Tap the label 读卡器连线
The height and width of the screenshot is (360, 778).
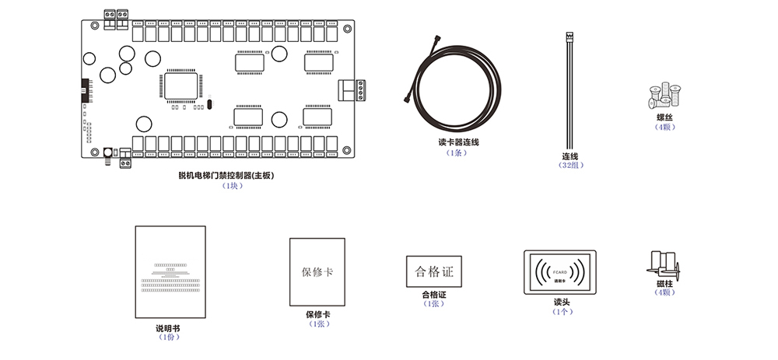[x=459, y=142]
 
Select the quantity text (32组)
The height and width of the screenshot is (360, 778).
[x=570, y=165]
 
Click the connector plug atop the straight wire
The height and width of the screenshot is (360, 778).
[x=569, y=37]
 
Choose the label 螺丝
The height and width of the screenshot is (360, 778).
[x=664, y=117]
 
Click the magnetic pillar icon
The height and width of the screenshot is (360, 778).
[x=663, y=264]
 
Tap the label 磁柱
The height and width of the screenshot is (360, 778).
[x=664, y=284]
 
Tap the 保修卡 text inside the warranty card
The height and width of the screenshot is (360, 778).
[x=317, y=272]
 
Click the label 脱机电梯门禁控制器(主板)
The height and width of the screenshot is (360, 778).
[x=226, y=176]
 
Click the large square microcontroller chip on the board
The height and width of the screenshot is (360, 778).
[x=181, y=86]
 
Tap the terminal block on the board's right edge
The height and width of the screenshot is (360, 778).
[x=353, y=91]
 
